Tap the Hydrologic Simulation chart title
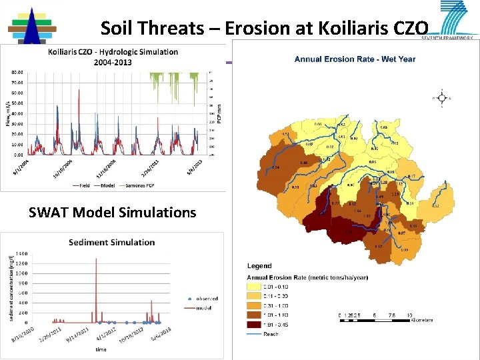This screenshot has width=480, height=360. click(x=113, y=57)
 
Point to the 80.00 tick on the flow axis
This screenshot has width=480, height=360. click(x=16, y=71)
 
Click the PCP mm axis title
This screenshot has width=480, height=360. click(x=221, y=111)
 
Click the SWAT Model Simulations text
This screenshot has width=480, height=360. click(x=113, y=213)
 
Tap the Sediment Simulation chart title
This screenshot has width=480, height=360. click(x=112, y=242)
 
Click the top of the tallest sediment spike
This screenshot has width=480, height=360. click(x=96, y=259)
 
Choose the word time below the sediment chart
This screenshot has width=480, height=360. click(x=100, y=349)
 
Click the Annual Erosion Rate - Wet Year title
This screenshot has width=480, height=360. click(x=355, y=59)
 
